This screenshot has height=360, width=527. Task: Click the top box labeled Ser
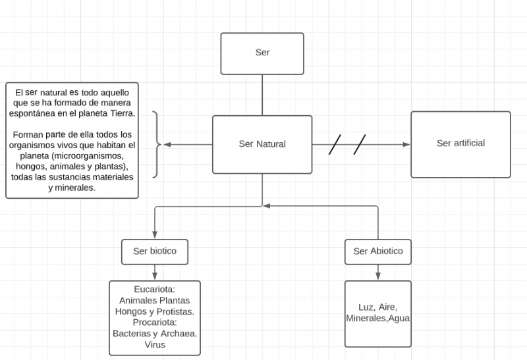point(262,53)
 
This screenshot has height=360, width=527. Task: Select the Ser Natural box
point(262,144)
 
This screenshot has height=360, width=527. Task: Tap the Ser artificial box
point(460,143)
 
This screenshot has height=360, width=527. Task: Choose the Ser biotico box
point(155,251)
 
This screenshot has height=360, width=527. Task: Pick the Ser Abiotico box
point(377,251)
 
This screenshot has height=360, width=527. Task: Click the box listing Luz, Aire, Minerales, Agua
point(377,313)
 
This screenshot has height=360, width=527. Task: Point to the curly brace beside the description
point(157,144)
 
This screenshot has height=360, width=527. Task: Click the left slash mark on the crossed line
point(335,144)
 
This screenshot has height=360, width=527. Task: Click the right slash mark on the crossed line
point(360,144)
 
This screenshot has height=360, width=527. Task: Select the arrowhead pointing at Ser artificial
point(406,144)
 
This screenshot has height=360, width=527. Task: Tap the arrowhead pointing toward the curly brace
point(167,144)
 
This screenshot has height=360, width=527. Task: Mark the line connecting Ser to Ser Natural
point(262,95)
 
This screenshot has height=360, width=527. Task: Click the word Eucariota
point(153,290)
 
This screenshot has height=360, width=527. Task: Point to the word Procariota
point(154,322)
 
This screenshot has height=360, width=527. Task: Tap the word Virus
point(155,344)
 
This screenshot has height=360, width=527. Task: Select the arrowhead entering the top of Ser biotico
point(155,235)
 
